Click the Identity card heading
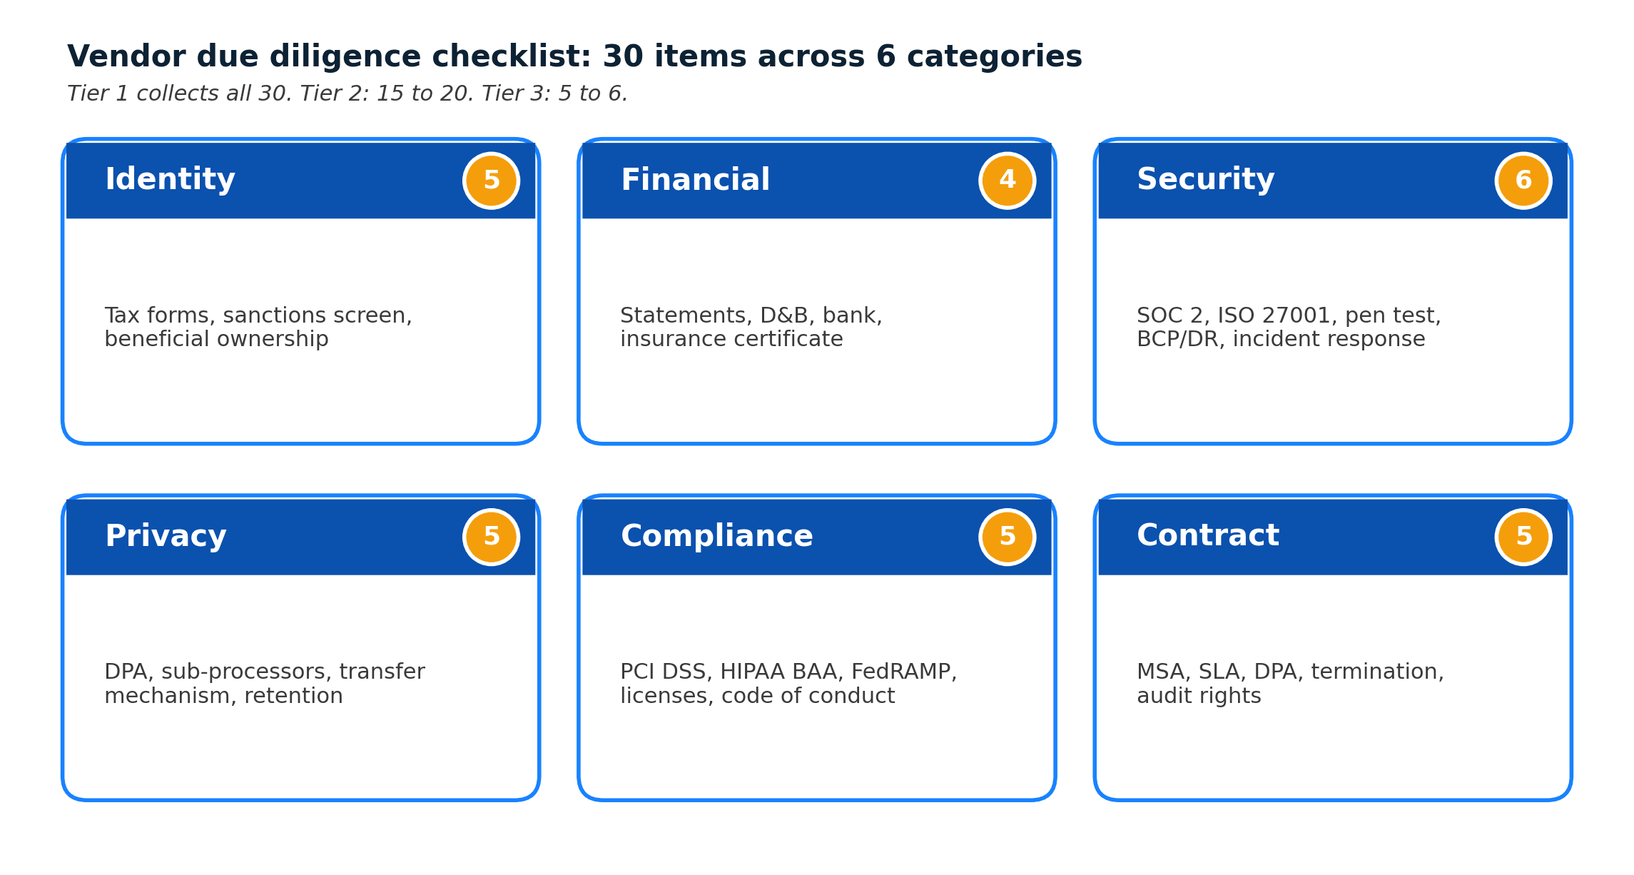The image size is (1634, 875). click(170, 180)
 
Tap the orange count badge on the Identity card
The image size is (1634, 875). click(491, 181)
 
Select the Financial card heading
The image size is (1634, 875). click(695, 180)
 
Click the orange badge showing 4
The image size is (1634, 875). click(1007, 181)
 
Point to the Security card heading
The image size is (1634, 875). click(1205, 180)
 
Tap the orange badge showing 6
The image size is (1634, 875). click(1523, 181)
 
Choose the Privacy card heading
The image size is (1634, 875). click(166, 537)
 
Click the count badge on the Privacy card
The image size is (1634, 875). click(491, 537)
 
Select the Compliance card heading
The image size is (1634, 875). click(716, 537)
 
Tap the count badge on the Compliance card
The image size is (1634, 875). click(1007, 537)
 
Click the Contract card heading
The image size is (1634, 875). click(1207, 536)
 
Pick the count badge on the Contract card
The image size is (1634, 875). click(1523, 537)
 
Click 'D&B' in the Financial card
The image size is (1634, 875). click(783, 315)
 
